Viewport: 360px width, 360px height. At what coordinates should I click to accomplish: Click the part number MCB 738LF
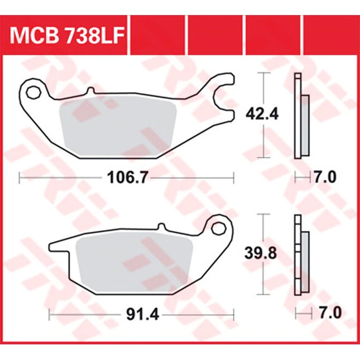[x=67, y=35]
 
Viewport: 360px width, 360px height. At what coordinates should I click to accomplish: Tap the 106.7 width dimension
[x=127, y=177]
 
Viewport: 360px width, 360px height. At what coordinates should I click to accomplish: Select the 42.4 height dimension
[x=262, y=114]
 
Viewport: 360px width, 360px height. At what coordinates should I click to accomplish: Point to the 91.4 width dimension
[x=142, y=315]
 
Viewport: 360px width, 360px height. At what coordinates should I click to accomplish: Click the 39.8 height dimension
[x=261, y=253]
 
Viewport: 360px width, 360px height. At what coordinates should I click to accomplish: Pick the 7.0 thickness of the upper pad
[x=325, y=177]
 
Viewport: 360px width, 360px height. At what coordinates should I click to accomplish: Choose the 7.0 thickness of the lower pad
[x=330, y=313]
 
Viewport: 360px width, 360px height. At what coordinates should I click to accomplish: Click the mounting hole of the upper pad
[x=33, y=93]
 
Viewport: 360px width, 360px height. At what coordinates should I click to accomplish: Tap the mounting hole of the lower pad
[x=219, y=228]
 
